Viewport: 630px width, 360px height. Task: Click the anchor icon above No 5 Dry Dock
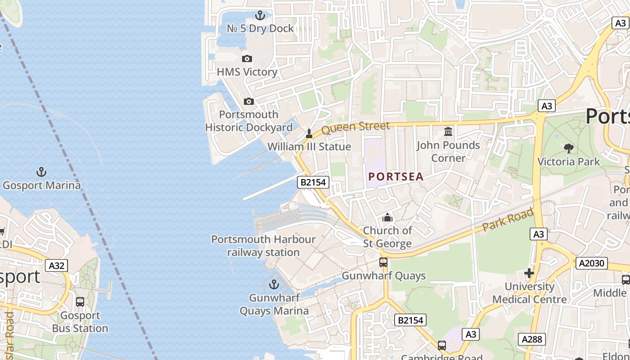[x=260, y=16]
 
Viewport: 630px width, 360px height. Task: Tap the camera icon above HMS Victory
[x=247, y=58]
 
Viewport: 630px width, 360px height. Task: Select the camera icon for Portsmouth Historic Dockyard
[x=249, y=101]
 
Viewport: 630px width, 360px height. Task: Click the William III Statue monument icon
[x=309, y=134]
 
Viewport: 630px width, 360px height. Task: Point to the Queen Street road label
[x=355, y=127]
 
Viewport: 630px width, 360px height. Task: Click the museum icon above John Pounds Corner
[x=448, y=132]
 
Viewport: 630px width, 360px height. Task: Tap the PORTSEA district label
[x=396, y=177]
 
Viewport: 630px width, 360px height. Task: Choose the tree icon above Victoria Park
[x=569, y=148]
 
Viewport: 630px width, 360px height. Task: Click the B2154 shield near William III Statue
[x=314, y=182]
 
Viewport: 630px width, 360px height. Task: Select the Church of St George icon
[x=387, y=218]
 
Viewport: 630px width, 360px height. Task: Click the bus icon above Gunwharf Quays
[x=383, y=262]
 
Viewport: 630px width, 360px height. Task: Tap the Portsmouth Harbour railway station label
[x=263, y=246]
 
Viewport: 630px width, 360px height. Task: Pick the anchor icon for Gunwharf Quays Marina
[x=274, y=284]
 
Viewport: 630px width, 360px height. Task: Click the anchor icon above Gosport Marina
[x=41, y=172]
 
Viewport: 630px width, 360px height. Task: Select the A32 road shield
[x=56, y=265]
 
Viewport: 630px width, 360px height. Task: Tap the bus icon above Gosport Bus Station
[x=80, y=302]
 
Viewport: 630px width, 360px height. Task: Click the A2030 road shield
[x=591, y=263]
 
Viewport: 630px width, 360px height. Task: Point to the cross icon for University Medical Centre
[x=529, y=273]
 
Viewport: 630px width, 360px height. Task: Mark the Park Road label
[x=508, y=220]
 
